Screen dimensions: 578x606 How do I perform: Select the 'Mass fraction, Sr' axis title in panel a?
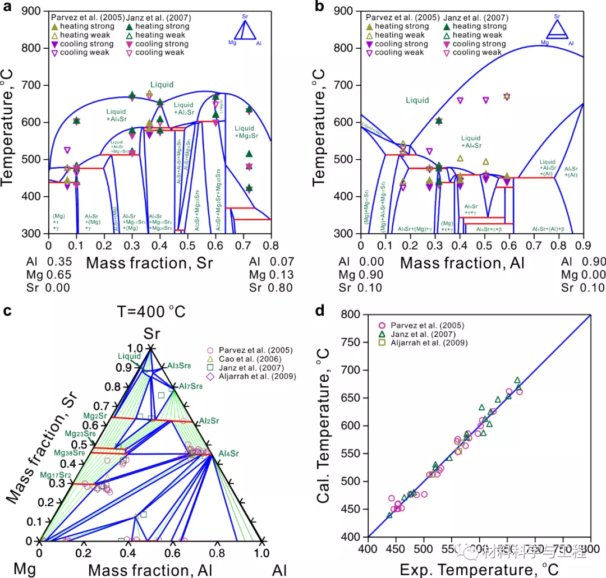(x=153, y=263)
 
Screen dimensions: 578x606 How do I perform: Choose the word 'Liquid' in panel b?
(x=417, y=100)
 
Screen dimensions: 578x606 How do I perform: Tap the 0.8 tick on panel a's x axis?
(x=272, y=245)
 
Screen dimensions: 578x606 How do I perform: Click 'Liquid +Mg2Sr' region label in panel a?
(x=247, y=132)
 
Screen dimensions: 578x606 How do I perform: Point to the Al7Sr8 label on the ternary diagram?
(x=191, y=386)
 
